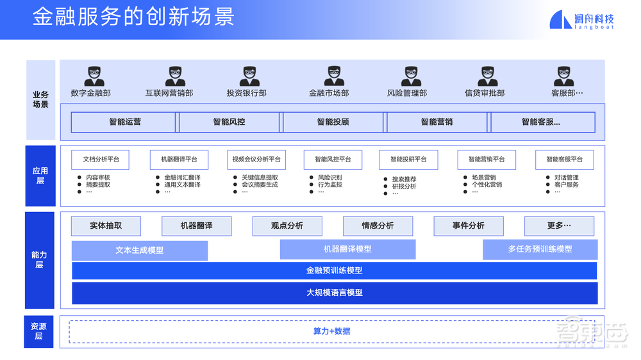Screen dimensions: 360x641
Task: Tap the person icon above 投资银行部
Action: click(250, 76)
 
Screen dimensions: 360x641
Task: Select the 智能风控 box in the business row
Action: click(229, 122)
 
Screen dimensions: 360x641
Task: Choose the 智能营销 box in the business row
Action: click(437, 122)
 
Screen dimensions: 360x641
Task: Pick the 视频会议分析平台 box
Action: click(256, 160)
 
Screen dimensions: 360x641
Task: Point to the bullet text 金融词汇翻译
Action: click(182, 177)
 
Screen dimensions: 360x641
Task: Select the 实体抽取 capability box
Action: click(106, 226)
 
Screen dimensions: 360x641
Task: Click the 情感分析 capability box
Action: click(378, 226)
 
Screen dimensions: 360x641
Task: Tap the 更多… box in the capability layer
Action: click(559, 226)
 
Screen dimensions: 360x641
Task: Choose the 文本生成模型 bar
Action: click(140, 250)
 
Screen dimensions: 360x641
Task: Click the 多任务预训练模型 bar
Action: click(540, 249)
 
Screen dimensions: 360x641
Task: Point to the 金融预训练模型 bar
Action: click(334, 271)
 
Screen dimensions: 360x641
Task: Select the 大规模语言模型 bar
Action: click(334, 293)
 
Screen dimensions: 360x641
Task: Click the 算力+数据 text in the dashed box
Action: click(331, 331)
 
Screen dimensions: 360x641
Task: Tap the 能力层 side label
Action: click(39, 259)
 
